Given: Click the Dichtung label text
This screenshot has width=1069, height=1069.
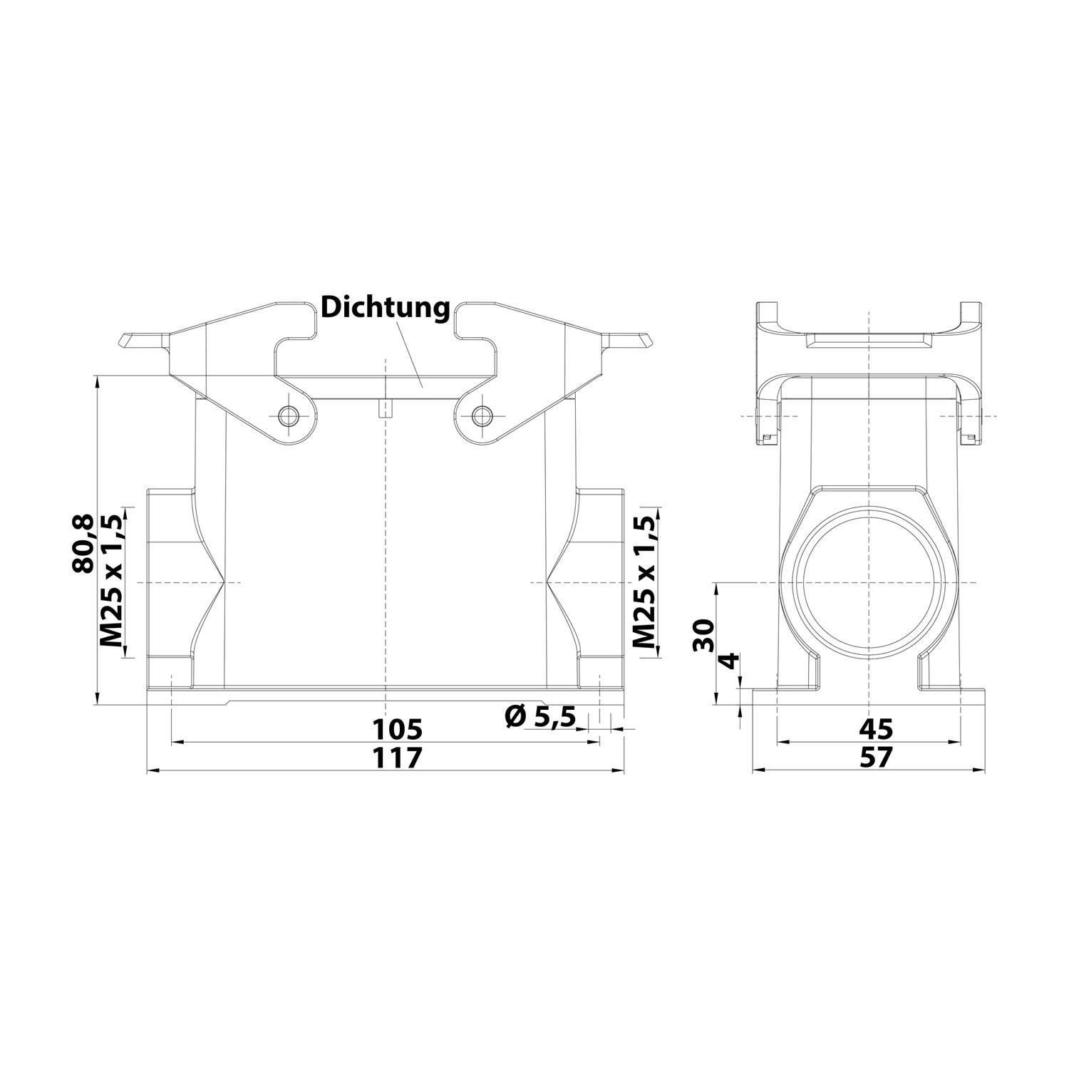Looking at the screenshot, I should (x=386, y=308).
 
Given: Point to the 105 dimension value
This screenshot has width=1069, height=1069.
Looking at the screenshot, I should (x=398, y=729).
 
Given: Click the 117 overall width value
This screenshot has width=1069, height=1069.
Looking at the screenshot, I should (x=398, y=758).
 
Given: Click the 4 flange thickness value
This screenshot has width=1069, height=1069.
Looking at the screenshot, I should (x=728, y=661).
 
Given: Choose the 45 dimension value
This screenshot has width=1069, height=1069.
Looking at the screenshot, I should (x=875, y=729).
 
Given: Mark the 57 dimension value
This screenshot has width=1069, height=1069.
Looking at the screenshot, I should (x=875, y=758).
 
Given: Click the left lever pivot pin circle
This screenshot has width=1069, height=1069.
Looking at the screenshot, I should (x=289, y=415).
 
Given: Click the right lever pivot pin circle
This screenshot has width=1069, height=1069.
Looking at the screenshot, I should (x=482, y=415).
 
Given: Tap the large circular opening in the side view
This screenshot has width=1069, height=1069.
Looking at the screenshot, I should (x=869, y=582).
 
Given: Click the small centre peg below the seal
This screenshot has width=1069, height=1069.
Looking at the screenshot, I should (x=385, y=409).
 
